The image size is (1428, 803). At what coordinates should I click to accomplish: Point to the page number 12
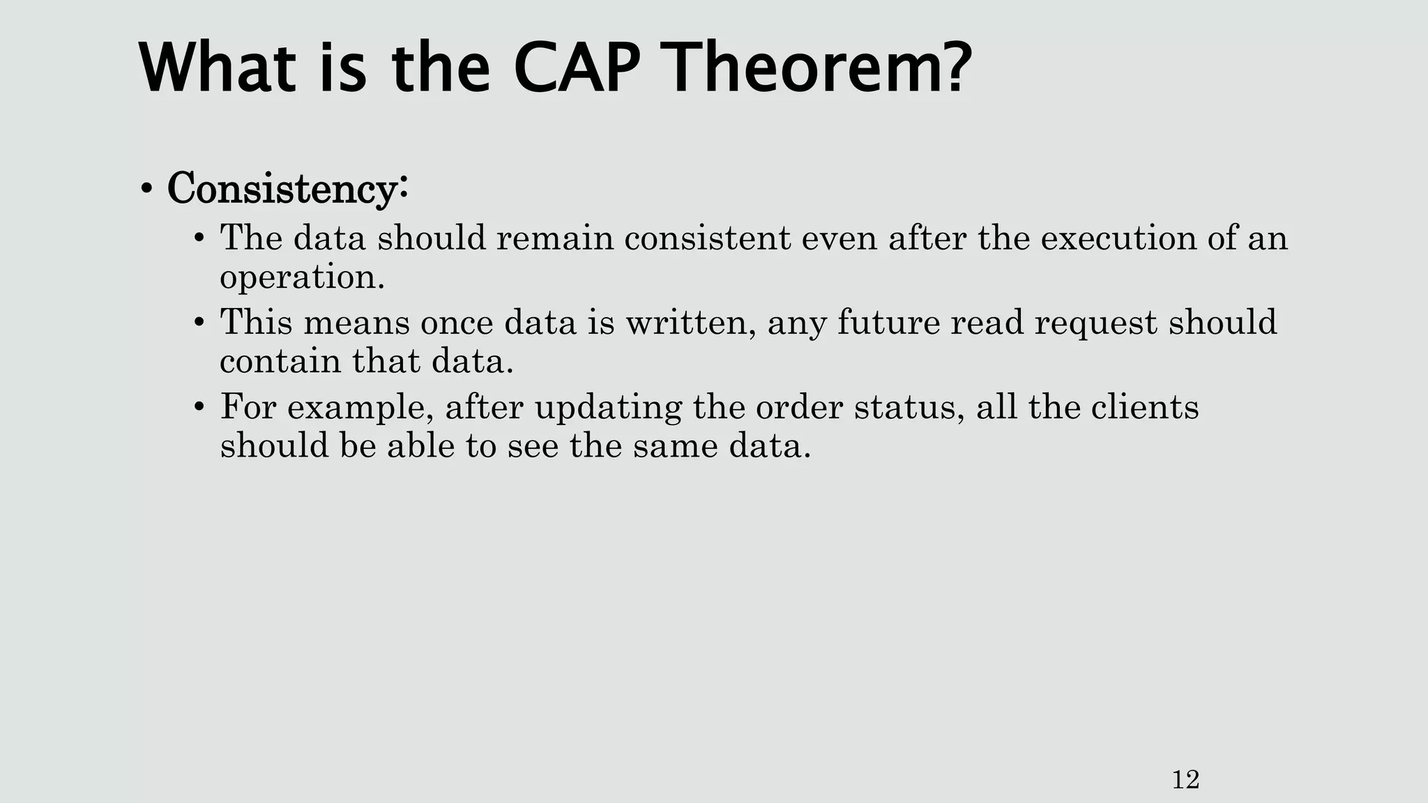click(x=1185, y=779)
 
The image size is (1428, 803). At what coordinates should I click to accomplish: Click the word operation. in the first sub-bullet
click(x=302, y=277)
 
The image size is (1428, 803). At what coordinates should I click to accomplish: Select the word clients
click(x=1144, y=407)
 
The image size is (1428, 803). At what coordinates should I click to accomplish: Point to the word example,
click(x=362, y=408)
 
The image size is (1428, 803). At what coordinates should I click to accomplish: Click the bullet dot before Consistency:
click(x=146, y=189)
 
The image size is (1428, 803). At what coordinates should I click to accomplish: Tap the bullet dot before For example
click(x=199, y=407)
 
